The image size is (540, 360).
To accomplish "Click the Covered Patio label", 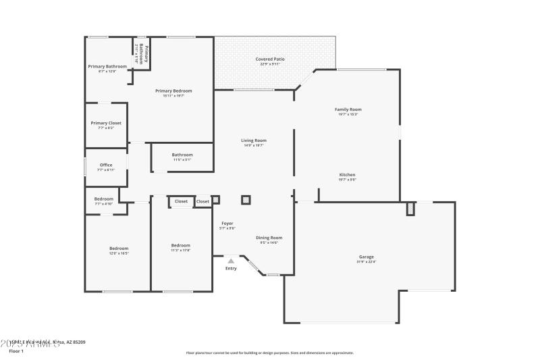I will click(x=269, y=59).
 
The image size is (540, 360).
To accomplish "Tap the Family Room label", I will click(x=348, y=109).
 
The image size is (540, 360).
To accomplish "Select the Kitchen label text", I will click(x=347, y=175).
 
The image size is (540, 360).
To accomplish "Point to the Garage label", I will click(x=367, y=257).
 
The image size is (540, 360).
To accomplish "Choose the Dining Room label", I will click(x=269, y=238).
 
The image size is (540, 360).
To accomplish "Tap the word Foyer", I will click(x=227, y=224).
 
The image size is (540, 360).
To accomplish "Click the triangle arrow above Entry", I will click(x=231, y=260).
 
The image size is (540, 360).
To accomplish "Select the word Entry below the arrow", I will click(x=231, y=268).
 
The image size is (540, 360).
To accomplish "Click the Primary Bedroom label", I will click(x=173, y=91).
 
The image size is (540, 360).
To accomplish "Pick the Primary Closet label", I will click(x=106, y=123).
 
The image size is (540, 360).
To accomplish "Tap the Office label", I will click(x=106, y=165).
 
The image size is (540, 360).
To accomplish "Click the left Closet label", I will click(x=181, y=201).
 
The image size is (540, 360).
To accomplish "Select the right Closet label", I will click(x=202, y=201).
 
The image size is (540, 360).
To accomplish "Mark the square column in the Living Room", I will click(x=246, y=200).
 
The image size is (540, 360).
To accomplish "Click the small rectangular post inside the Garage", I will click(x=410, y=209).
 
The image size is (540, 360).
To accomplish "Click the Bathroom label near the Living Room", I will click(x=182, y=155).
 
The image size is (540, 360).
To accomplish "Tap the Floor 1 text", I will click(x=16, y=351).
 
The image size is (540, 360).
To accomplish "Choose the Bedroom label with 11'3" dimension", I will click(x=180, y=245).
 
